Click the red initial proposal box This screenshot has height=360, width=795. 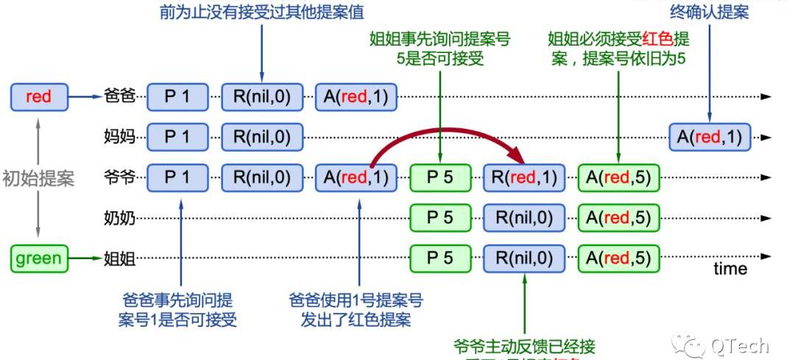click(38, 96)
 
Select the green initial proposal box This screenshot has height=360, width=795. click(38, 258)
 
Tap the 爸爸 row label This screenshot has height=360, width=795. click(121, 96)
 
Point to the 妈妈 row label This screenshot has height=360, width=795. click(121, 137)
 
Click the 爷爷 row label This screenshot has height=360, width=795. click(121, 177)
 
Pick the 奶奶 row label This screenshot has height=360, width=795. click(121, 218)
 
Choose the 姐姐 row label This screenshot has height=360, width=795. click(121, 258)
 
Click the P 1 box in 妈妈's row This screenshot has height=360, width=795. click(177, 137)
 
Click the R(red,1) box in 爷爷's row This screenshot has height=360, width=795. click(524, 177)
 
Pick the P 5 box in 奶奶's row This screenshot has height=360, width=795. click(440, 218)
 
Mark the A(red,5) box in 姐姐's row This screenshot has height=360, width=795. click(618, 258)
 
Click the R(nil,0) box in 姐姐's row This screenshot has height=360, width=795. click(524, 258)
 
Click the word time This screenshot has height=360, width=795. click(730, 269)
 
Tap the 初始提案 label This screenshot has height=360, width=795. click(38, 178)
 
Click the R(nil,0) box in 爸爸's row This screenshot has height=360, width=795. click(262, 96)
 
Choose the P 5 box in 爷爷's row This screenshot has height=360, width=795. click(440, 177)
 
